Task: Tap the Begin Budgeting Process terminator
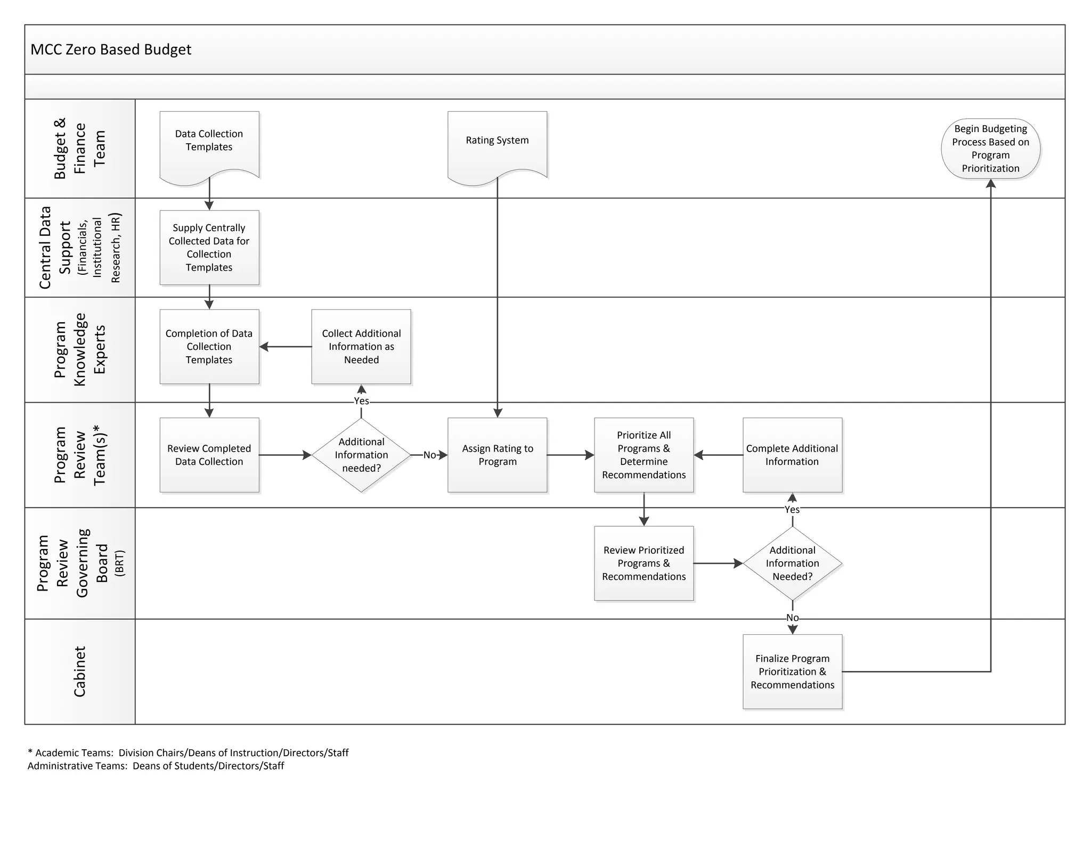coord(990,149)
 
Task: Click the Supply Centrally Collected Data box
coord(209,248)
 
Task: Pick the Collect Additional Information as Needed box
coord(361,347)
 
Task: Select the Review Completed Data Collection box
coord(209,455)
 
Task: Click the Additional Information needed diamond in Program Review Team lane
coord(361,455)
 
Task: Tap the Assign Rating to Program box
coord(497,455)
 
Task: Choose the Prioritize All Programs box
coord(644,455)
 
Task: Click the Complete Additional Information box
coord(792,455)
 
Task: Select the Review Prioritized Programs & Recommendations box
coord(644,563)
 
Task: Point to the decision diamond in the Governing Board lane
coord(792,563)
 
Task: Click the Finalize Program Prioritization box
coord(792,672)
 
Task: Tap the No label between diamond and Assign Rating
coord(429,455)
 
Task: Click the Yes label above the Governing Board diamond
coord(792,510)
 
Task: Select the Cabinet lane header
coord(79,672)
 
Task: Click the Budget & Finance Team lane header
coord(79,149)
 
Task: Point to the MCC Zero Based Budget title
coord(111,50)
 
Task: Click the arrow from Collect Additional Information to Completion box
coord(286,347)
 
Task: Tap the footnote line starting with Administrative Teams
coord(156,766)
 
